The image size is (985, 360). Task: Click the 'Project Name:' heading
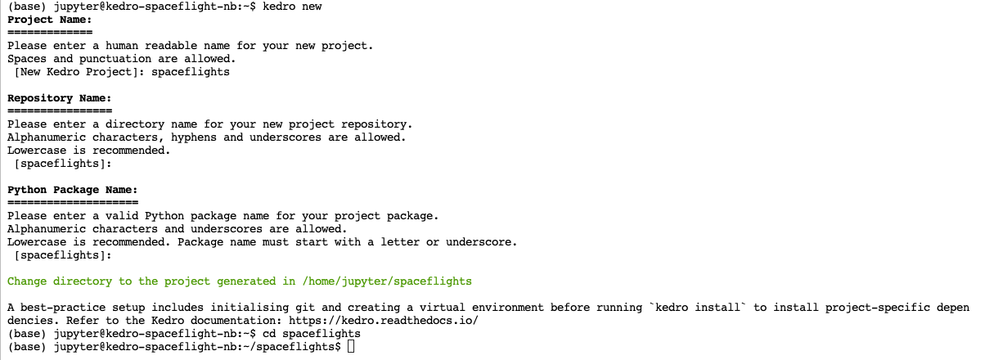tap(49, 20)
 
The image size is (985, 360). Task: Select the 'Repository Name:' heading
tap(59, 98)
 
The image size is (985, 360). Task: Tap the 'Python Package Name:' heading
tap(72, 190)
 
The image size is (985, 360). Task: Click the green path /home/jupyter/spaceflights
tap(387, 281)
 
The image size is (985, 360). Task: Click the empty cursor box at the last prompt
tap(351, 347)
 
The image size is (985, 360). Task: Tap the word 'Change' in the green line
tap(26, 281)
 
